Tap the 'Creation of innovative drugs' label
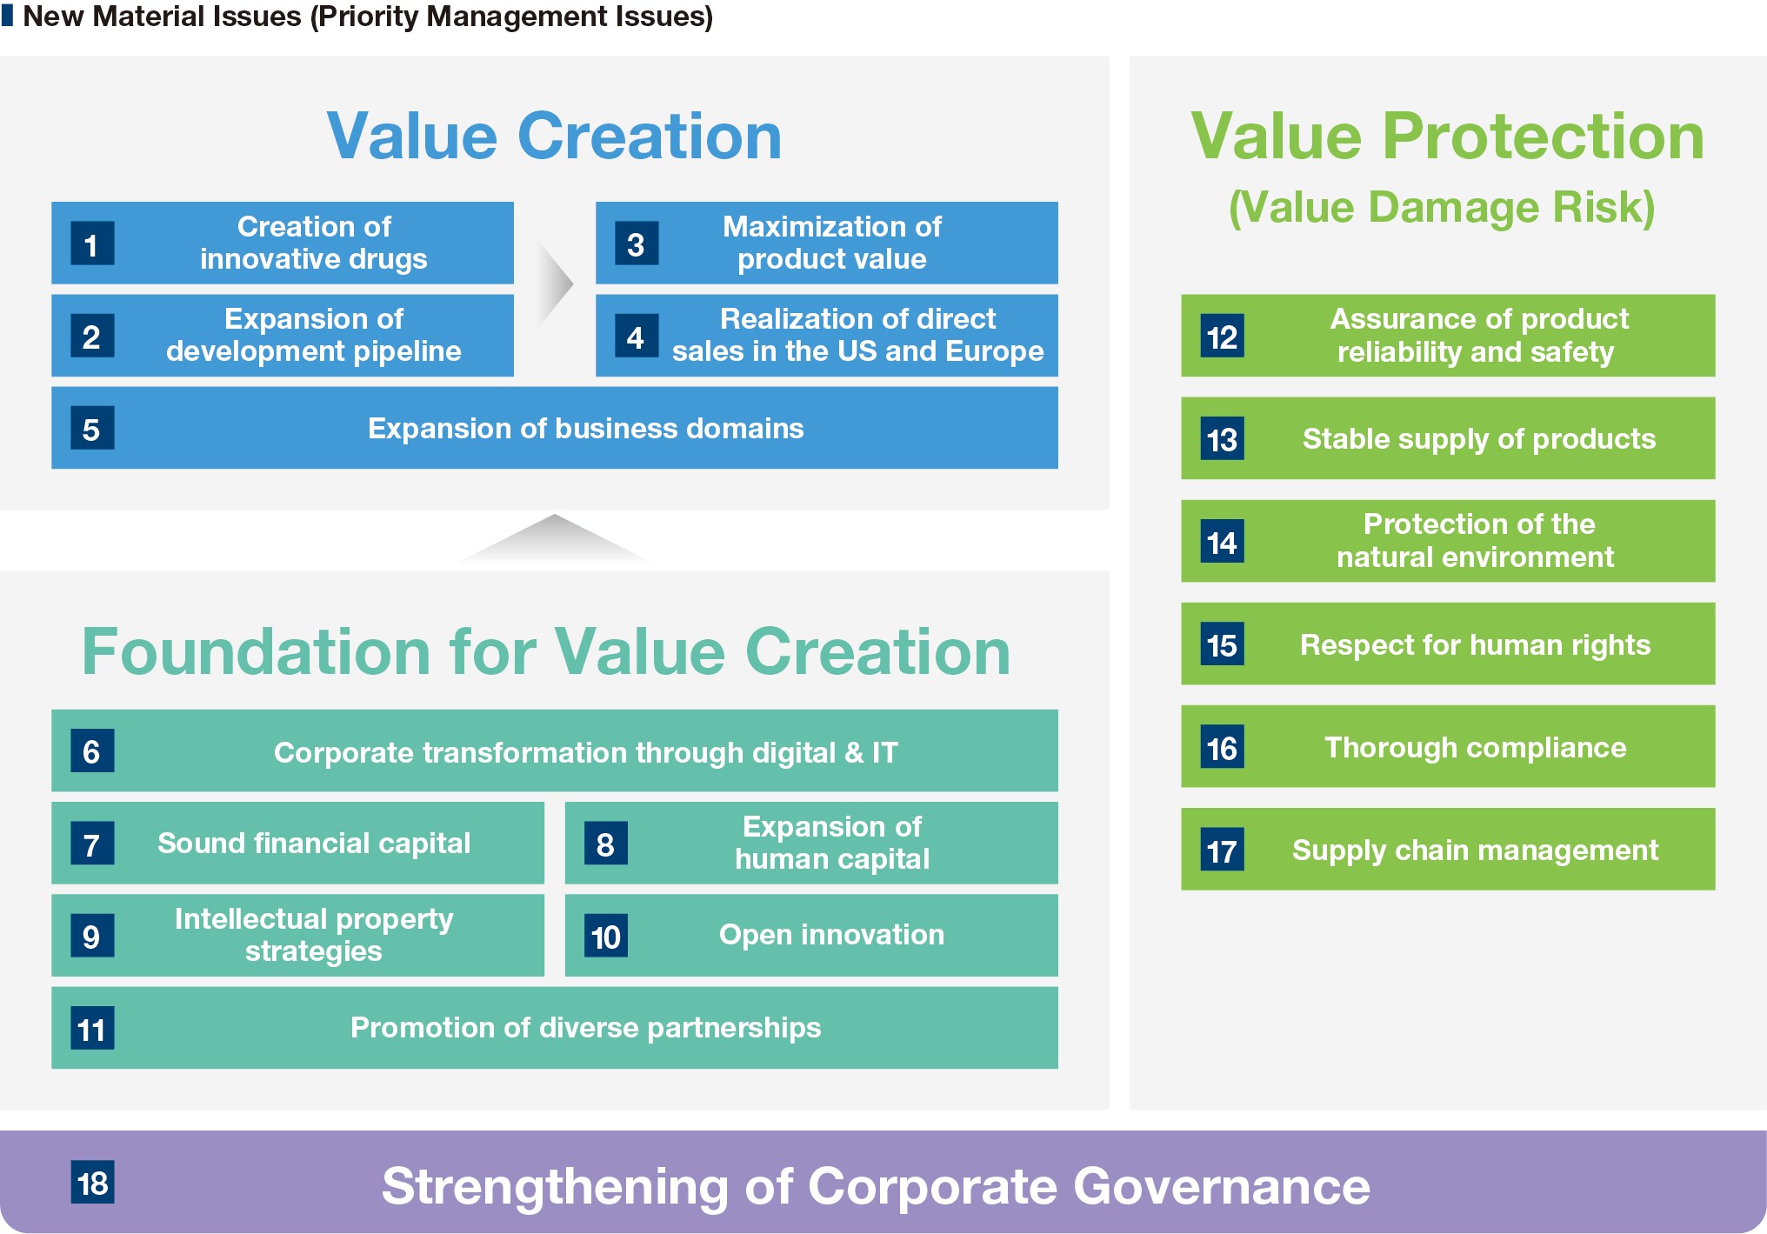314,243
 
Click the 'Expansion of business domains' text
585,428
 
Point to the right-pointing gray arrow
555,283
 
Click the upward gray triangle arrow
554,537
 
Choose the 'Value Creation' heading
554,136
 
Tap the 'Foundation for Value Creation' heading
546,651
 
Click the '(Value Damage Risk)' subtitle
1442,208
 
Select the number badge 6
92,750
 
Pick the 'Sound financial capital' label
314,843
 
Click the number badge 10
606,936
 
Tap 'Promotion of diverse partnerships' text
585,1028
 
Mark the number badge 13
1223,438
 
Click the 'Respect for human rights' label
1475,644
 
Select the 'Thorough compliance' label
1475,747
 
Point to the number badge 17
1223,850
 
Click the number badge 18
92,1182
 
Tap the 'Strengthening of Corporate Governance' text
876,1186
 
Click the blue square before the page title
8,16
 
